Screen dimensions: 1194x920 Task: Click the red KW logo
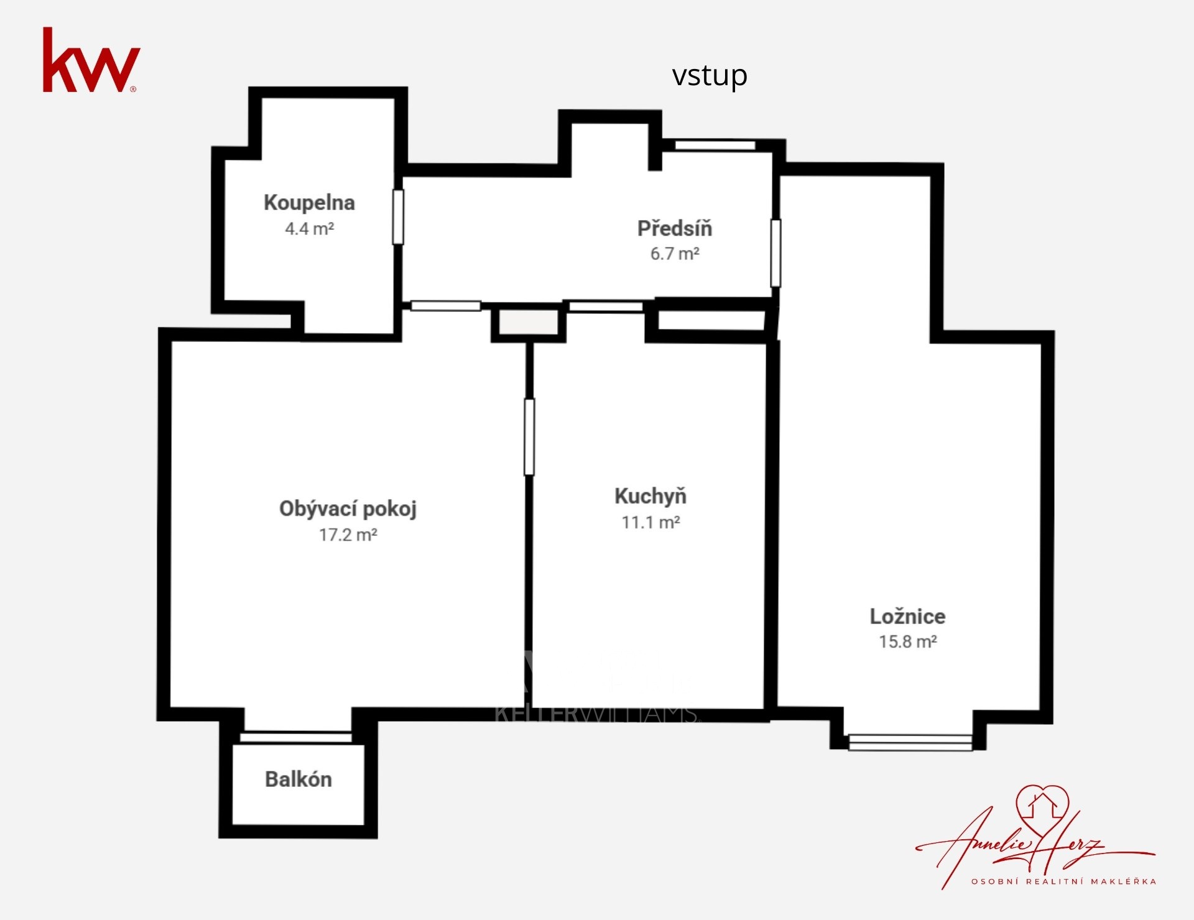pyautogui.click(x=91, y=60)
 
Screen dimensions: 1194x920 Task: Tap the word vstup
pyautogui.click(x=710, y=76)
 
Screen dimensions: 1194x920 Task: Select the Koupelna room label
pyautogui.click(x=309, y=203)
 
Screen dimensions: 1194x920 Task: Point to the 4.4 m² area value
pyautogui.click(x=310, y=229)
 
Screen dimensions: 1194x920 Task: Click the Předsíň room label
pyautogui.click(x=675, y=228)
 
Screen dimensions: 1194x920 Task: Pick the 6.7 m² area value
pyautogui.click(x=675, y=254)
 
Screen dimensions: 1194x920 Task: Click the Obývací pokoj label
pyautogui.click(x=348, y=509)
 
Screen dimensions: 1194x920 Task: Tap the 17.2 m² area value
pyautogui.click(x=348, y=535)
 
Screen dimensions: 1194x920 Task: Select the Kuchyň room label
pyautogui.click(x=650, y=496)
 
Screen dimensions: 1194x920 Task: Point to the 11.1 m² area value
pyautogui.click(x=650, y=522)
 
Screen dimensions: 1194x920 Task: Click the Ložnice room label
pyautogui.click(x=907, y=616)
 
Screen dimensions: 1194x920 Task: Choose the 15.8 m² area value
pyautogui.click(x=907, y=642)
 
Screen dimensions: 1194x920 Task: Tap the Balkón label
pyautogui.click(x=298, y=779)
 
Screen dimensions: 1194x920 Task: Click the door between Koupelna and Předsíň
pyautogui.click(x=398, y=216)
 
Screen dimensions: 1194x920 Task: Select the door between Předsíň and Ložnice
pyautogui.click(x=775, y=253)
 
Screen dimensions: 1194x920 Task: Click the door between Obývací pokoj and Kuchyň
pyautogui.click(x=529, y=437)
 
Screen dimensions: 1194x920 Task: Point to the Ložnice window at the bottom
pyautogui.click(x=910, y=742)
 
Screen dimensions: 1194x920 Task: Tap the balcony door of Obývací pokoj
pyautogui.click(x=296, y=737)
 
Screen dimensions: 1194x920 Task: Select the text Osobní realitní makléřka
pyautogui.click(x=1063, y=881)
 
